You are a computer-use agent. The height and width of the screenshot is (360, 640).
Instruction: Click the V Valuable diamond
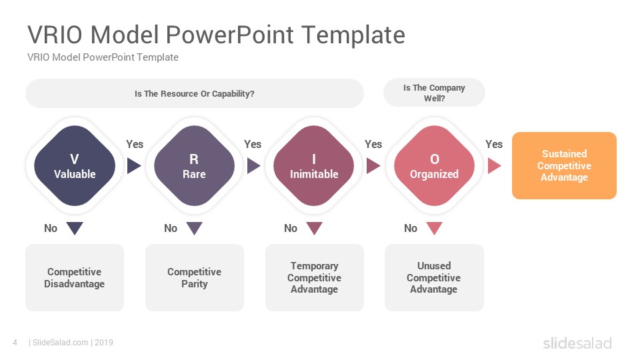[75, 166]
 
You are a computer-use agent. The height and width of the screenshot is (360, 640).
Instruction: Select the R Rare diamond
[194, 166]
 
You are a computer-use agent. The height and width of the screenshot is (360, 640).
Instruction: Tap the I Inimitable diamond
[314, 166]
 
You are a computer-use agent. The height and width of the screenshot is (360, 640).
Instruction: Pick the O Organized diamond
[434, 166]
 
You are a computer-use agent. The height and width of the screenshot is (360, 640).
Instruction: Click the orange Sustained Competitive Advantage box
[564, 166]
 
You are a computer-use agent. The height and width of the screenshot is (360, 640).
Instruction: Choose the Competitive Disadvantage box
[75, 277]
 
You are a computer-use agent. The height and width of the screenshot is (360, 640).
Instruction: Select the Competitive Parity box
[195, 277]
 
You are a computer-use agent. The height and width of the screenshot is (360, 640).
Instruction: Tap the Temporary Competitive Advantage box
[314, 277]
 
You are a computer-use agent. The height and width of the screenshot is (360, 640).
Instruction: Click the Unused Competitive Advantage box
[434, 277]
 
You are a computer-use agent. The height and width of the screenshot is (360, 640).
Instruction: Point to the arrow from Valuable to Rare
[133, 166]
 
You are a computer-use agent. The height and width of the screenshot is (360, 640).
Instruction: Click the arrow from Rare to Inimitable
[253, 166]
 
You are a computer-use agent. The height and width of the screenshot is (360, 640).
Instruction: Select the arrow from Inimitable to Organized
[373, 166]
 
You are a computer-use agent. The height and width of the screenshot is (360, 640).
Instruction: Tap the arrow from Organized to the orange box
[494, 166]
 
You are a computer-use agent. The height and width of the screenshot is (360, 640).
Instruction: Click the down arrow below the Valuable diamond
[75, 228]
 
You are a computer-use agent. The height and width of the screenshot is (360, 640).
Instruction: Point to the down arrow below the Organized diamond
[434, 228]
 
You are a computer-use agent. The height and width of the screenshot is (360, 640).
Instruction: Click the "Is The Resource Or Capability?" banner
[195, 93]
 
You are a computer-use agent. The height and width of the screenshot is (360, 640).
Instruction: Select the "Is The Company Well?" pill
[434, 93]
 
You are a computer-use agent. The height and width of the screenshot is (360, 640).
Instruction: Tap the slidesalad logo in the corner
[577, 343]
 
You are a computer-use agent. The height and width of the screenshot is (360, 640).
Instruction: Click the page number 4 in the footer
[15, 343]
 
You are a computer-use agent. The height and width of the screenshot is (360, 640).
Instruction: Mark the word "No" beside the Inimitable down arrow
[291, 228]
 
